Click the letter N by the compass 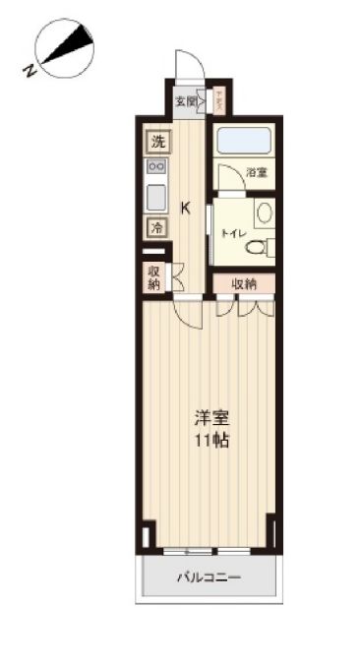[30, 70]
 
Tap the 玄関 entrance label [184, 100]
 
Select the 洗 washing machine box [157, 141]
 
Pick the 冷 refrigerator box [157, 226]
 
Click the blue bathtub [242, 141]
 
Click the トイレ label [232, 233]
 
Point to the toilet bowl [258, 247]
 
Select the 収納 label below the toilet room [245, 283]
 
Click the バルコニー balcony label [210, 577]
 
